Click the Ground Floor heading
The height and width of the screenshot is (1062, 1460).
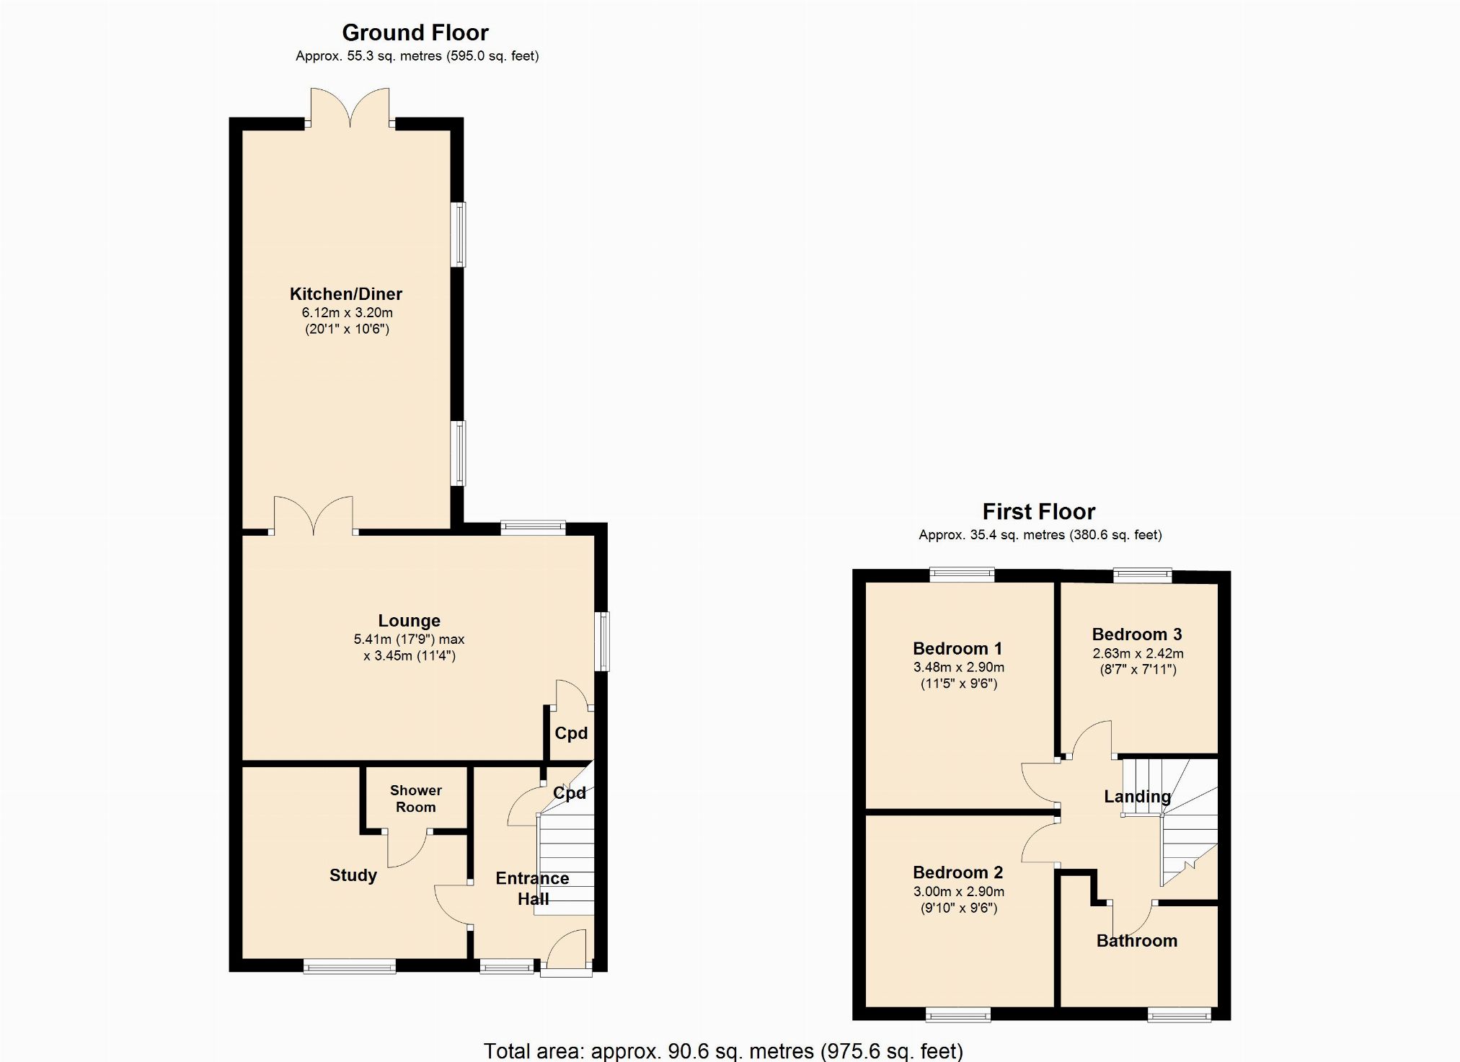415,32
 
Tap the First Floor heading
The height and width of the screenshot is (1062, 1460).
1039,512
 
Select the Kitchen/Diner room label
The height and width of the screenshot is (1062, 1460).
346,294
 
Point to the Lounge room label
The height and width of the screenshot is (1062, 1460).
410,621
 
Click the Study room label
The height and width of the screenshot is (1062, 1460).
353,875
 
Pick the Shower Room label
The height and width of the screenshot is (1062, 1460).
416,799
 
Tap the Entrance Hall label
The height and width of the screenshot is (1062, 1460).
533,888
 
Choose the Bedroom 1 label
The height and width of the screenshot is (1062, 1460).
957,649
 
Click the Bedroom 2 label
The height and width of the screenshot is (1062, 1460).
957,873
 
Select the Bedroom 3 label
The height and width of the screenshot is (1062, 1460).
1137,634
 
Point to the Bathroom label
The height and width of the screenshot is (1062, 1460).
1137,941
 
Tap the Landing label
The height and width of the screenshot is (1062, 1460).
1138,797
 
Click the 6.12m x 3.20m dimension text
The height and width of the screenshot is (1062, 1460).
348,313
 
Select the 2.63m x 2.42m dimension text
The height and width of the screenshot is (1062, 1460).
1138,653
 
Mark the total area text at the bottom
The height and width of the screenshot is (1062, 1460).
723,1051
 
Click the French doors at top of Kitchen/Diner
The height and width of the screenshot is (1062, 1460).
350,107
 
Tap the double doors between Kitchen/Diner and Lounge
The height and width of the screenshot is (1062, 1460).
314,515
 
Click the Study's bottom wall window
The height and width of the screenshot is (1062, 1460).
350,966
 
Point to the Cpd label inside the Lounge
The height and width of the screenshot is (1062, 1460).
571,733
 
